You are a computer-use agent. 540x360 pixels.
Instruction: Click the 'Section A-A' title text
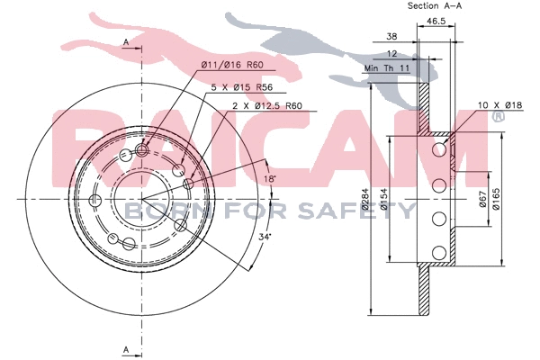click(435, 6)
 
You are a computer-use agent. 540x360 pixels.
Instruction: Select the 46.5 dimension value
click(436, 21)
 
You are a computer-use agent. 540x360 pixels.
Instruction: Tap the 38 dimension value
click(391, 37)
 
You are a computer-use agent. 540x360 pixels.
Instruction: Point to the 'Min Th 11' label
click(387, 68)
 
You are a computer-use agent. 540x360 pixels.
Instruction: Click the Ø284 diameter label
click(365, 199)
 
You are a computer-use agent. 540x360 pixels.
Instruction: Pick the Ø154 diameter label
click(384, 199)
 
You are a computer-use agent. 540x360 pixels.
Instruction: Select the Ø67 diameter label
click(482, 199)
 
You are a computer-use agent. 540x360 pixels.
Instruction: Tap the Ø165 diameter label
click(496, 199)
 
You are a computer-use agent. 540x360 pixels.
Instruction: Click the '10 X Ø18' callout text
click(500, 105)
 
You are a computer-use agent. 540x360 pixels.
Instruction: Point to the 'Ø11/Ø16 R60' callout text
click(232, 65)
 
